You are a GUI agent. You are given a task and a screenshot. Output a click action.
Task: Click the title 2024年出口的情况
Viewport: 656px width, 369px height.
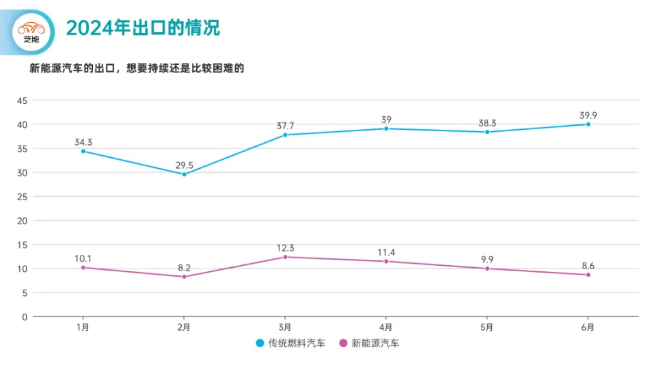tap(143, 28)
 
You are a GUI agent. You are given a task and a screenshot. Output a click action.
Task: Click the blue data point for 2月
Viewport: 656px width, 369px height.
tap(184, 174)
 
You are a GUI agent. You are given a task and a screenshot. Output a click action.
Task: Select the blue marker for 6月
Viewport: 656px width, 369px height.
tap(588, 124)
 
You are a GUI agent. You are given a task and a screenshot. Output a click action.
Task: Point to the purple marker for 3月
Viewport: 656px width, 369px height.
tap(285, 257)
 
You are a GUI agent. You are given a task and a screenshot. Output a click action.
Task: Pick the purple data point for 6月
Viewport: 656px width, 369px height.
tap(588, 275)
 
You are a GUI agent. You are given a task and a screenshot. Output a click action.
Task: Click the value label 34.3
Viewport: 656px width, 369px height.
tap(83, 142)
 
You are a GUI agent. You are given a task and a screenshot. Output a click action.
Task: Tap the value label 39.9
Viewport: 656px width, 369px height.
tap(588, 115)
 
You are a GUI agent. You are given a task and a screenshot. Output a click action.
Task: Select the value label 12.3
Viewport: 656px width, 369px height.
tap(285, 248)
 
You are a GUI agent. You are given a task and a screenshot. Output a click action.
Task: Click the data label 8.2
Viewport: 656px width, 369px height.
tap(184, 268)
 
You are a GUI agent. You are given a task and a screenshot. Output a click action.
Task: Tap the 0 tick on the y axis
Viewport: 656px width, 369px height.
tap(24, 317)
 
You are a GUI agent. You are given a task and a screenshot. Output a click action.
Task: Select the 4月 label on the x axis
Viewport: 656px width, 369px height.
tap(386, 327)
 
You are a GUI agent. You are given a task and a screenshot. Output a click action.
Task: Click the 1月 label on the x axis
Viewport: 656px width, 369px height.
tap(83, 327)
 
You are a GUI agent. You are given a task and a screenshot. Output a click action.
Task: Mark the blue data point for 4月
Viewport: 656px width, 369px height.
tap(386, 128)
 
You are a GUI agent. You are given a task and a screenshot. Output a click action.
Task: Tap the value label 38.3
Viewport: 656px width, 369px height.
tap(487, 124)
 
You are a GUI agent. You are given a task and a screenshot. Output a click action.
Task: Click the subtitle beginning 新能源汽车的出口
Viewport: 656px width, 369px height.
tap(137, 68)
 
